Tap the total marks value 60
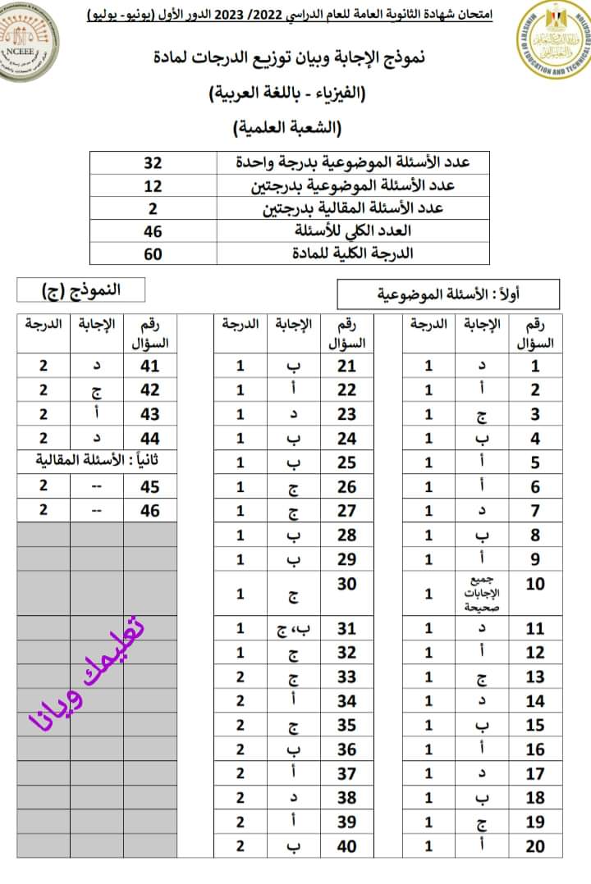(x=153, y=253)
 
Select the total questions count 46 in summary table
(x=153, y=231)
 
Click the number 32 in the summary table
(x=153, y=162)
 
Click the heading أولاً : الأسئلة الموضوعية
(x=447, y=293)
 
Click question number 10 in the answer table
(x=535, y=584)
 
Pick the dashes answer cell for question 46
(x=97, y=509)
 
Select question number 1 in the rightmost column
(x=535, y=367)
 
